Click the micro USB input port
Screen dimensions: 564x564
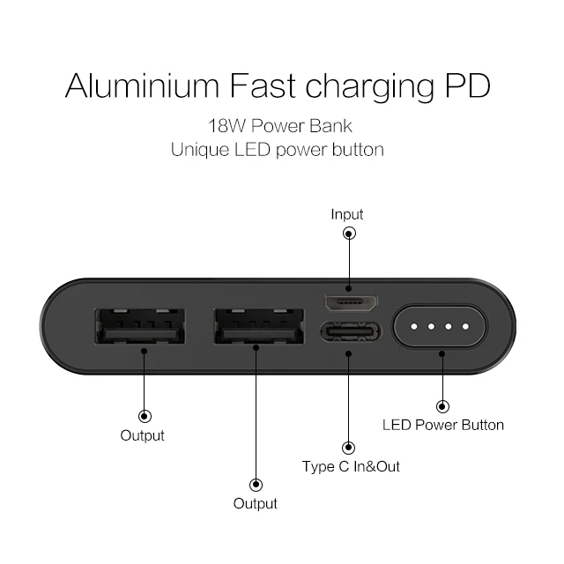pyautogui.click(x=351, y=303)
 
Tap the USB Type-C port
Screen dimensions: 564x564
pyautogui.click(x=351, y=332)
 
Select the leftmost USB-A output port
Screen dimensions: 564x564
pyautogui.click(x=140, y=327)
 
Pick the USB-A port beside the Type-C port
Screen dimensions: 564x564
pyautogui.click(x=258, y=327)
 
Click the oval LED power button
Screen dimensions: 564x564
pyautogui.click(x=440, y=327)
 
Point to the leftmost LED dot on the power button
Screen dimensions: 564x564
pyautogui.click(x=414, y=327)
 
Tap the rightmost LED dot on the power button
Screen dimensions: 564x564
pyautogui.click(x=465, y=327)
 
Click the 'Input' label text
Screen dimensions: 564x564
pyautogui.click(x=347, y=215)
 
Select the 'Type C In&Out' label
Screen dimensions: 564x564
pyautogui.click(x=351, y=466)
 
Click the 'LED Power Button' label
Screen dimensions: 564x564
pyautogui.click(x=442, y=425)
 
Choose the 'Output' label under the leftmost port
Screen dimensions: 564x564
pyautogui.click(x=143, y=435)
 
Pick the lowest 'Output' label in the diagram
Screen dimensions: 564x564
pyautogui.click(x=256, y=503)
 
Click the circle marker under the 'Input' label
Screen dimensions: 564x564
pyautogui.click(x=349, y=234)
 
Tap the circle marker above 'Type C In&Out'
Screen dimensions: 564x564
pyautogui.click(x=348, y=448)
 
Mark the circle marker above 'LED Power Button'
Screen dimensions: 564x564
pyautogui.click(x=442, y=407)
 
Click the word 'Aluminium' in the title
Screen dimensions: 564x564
pyautogui.click(x=142, y=85)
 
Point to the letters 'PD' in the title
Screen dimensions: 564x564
pyautogui.click(x=468, y=85)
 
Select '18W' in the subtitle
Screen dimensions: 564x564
pyautogui.click(x=226, y=126)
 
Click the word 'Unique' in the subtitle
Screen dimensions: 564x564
pyautogui.click(x=200, y=150)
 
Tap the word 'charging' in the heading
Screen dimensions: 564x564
pyautogui.click(x=370, y=87)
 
